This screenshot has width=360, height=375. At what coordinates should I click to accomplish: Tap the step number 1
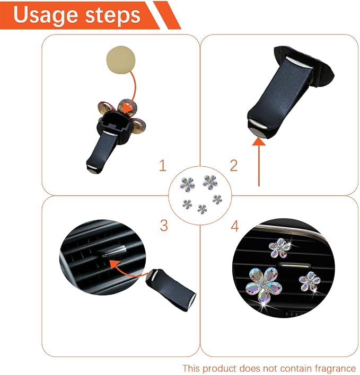(x=163, y=165)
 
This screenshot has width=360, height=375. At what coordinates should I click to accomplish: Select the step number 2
(x=234, y=165)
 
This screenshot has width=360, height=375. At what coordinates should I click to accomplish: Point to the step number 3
(x=164, y=225)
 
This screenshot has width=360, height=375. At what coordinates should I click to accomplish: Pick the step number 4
(x=234, y=226)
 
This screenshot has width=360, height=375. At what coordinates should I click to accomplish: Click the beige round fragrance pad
(x=121, y=59)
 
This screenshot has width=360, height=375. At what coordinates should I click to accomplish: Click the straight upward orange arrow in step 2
(x=259, y=162)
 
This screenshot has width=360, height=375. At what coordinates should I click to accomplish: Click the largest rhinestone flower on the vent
(x=262, y=284)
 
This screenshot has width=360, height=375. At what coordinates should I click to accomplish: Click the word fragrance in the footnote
(x=335, y=368)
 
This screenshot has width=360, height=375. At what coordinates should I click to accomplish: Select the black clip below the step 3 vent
(x=171, y=289)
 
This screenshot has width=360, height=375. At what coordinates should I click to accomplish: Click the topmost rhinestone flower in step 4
(x=279, y=248)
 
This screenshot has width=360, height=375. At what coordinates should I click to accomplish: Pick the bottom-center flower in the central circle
(x=202, y=209)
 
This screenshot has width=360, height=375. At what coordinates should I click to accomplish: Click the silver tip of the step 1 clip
(x=93, y=169)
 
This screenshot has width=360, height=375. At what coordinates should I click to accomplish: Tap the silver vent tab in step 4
(x=293, y=266)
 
